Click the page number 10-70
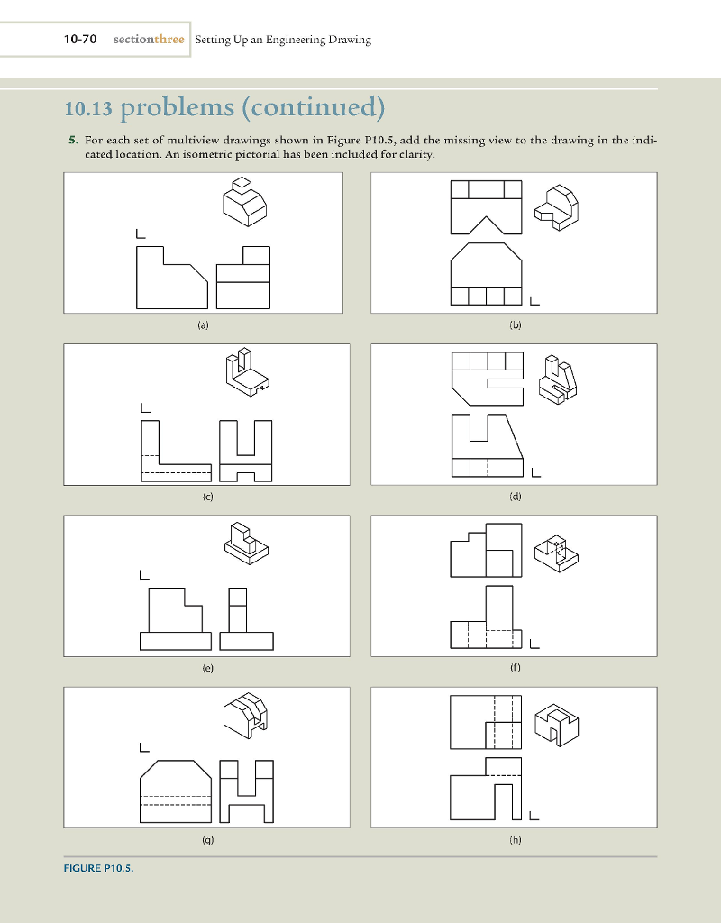tap(80, 40)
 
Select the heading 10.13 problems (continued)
tap(224, 111)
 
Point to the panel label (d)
tap(514, 496)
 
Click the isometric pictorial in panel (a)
tap(243, 201)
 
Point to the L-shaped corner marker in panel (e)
tap(144, 573)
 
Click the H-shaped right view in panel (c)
tap(251, 451)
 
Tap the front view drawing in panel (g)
tap(176, 790)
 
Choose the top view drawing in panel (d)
tap(487, 376)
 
